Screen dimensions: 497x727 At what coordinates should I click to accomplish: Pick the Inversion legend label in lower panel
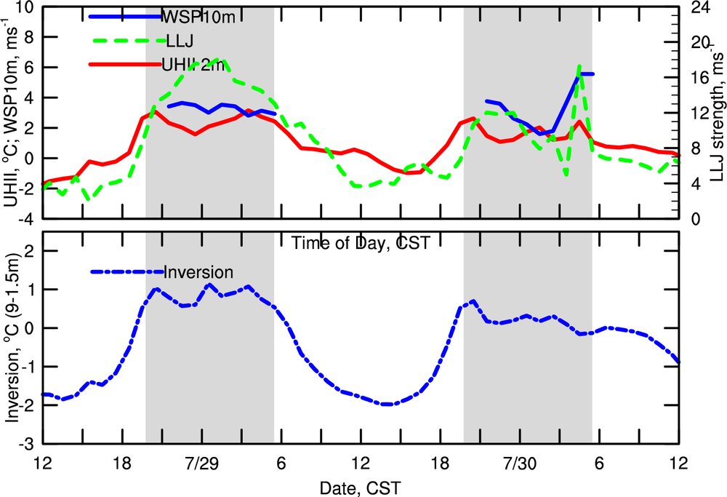[198, 273]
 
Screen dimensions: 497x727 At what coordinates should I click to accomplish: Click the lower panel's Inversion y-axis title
[13, 338]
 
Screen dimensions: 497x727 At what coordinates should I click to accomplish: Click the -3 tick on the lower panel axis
[26, 443]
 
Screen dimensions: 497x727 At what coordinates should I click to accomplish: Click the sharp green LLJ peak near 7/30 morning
[579, 66]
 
